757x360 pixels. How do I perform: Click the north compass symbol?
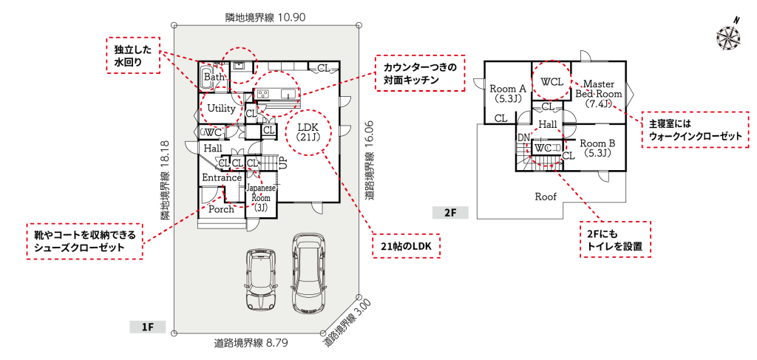[730, 35]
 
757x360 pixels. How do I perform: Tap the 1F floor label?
[146, 326]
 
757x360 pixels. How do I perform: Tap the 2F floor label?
[450, 213]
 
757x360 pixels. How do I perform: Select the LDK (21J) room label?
[307, 131]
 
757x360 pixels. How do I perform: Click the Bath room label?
[214, 77]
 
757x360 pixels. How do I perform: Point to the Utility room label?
[221, 109]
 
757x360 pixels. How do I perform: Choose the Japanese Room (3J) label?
[261, 197]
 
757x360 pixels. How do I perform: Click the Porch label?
[221, 209]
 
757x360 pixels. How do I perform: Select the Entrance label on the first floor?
[222, 177]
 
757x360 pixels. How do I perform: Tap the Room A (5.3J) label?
[507, 93]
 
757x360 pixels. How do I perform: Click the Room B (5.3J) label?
[597, 148]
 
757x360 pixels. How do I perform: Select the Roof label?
[546, 197]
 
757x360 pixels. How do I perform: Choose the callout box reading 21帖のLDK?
[406, 245]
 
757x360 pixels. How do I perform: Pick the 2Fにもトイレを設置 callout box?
[614, 239]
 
